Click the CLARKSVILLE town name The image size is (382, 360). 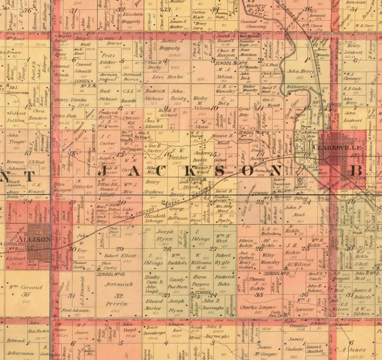(337, 147)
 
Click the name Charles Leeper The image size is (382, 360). (258, 307)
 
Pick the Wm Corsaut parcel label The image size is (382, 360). (26, 287)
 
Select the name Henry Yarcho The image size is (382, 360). (70, 100)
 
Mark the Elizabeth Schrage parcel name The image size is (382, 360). (154, 218)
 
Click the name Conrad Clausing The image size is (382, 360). (253, 24)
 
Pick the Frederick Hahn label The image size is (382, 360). (225, 281)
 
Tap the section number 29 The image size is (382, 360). (120, 248)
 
